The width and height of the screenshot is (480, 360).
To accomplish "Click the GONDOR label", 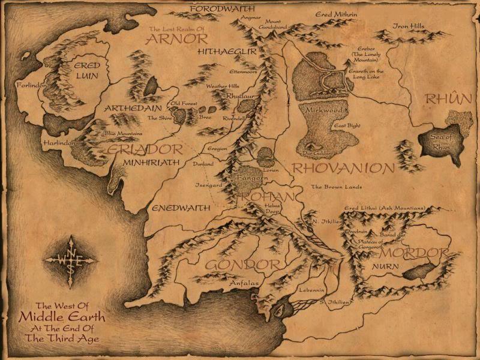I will tap(242, 265).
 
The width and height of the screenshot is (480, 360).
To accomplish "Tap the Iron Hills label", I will tap(408, 26).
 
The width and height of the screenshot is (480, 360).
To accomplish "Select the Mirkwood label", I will tap(323, 111).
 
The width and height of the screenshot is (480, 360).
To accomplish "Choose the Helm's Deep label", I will tap(273, 209).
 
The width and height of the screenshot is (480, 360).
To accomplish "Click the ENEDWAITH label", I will tap(181, 208).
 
